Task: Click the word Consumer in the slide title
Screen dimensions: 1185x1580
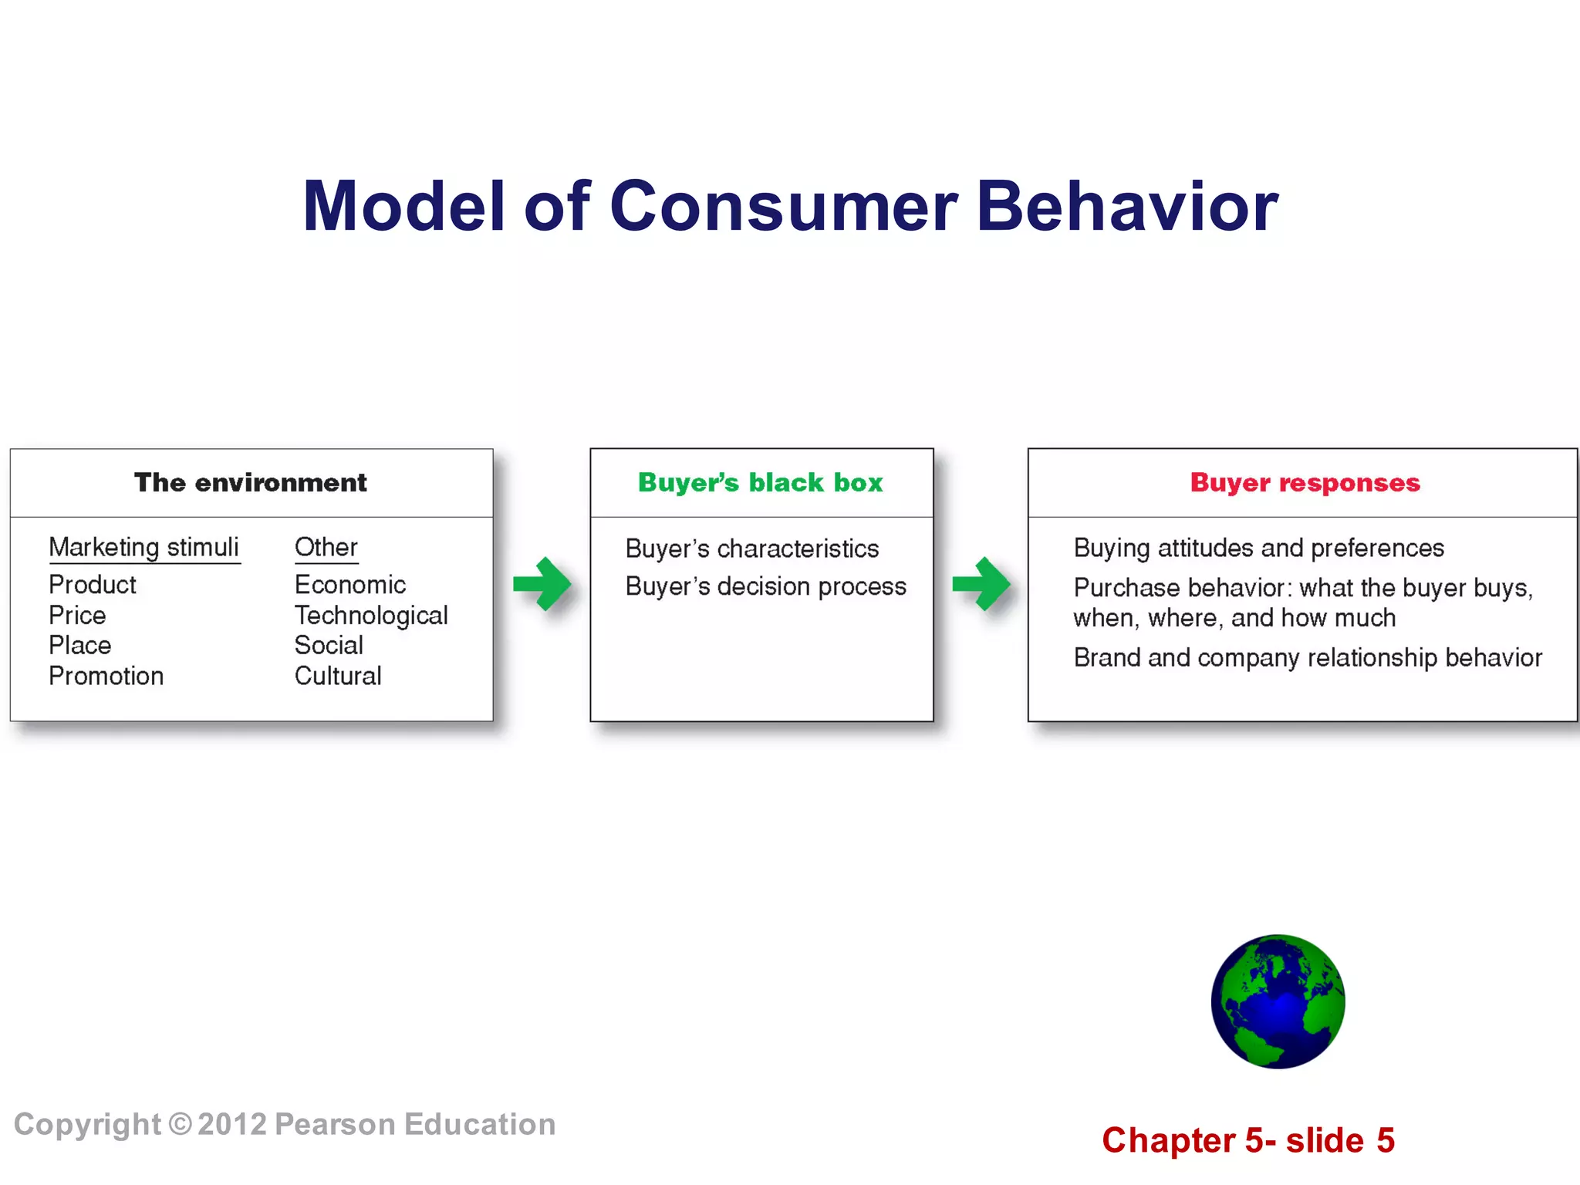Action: click(x=783, y=207)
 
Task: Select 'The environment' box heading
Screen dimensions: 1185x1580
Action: click(x=250, y=483)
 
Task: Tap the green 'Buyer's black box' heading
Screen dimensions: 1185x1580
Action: click(x=760, y=483)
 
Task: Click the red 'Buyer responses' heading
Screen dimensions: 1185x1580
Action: click(x=1305, y=483)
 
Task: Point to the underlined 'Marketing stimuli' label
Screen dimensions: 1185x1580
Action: click(x=144, y=548)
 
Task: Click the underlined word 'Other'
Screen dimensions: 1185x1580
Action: click(x=326, y=548)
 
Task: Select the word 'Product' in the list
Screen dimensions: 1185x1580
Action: click(x=93, y=585)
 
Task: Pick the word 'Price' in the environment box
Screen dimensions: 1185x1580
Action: click(x=77, y=616)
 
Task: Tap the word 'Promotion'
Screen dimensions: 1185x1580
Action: click(x=106, y=677)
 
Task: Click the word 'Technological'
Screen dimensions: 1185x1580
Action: click(x=371, y=616)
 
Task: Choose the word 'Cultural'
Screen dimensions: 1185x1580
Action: click(x=338, y=677)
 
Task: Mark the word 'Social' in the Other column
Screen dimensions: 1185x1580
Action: click(x=329, y=646)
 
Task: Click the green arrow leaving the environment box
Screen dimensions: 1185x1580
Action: click(x=542, y=584)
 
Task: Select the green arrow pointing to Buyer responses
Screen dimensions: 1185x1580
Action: click(x=981, y=584)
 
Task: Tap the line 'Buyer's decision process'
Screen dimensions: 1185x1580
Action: click(x=765, y=587)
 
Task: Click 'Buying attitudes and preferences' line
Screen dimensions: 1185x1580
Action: click(x=1258, y=549)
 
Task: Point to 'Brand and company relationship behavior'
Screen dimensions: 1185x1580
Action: click(x=1308, y=658)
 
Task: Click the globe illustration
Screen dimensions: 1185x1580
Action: click(x=1278, y=1001)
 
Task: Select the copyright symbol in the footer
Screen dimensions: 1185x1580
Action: click(x=180, y=1125)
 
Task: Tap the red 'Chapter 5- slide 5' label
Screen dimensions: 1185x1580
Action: click(x=1248, y=1141)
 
